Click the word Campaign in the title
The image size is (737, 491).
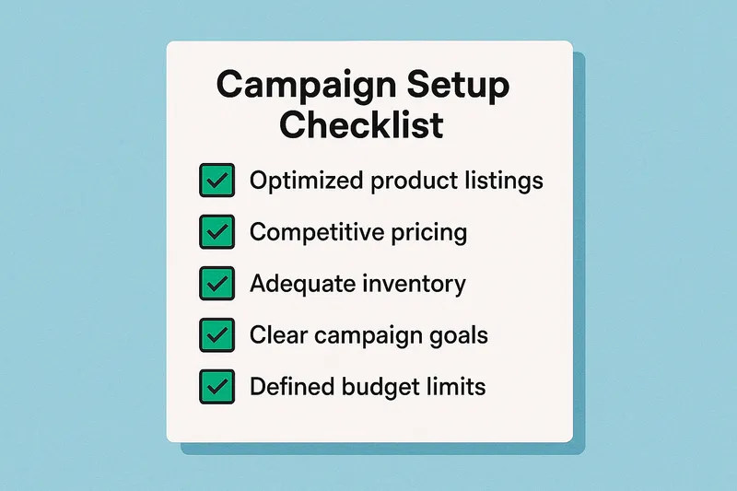point(295,86)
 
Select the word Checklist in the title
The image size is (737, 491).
point(362,123)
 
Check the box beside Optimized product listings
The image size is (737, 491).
point(216,181)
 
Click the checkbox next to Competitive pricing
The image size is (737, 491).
point(216,232)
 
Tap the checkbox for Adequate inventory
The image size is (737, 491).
point(216,284)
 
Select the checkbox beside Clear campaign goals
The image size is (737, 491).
point(216,335)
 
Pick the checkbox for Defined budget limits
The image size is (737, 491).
point(216,386)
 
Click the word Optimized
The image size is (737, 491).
point(306,181)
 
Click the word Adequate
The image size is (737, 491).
point(300,284)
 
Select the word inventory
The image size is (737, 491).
point(413,284)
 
